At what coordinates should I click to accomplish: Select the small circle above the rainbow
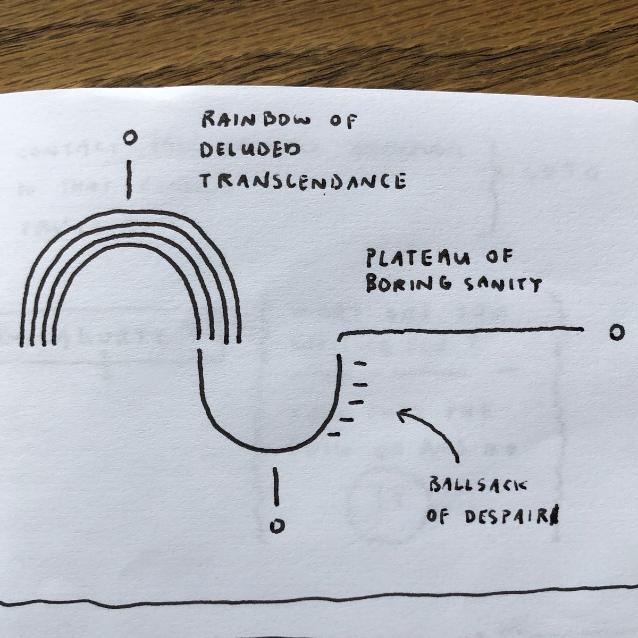129,139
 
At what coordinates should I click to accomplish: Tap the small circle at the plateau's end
616,333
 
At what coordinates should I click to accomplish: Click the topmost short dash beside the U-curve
360,364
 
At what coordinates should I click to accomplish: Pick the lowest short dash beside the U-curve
334,434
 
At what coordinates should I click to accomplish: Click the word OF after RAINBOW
344,122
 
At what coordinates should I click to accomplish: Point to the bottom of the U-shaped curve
268,450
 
